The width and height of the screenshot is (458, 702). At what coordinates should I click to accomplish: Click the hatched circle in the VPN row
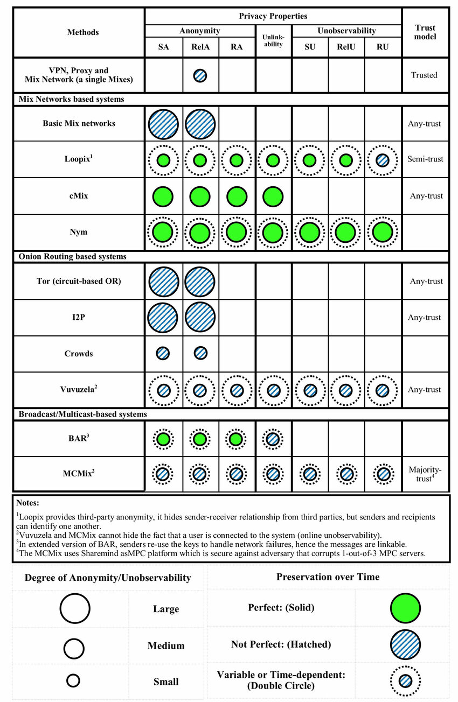tap(200, 75)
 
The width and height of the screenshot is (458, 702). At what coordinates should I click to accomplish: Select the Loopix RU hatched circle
tap(383, 160)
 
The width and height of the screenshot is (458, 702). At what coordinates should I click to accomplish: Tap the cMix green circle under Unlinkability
tap(273, 196)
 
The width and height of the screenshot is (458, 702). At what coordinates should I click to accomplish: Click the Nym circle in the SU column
tap(310, 233)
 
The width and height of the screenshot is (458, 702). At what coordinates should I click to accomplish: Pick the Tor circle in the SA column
tap(163, 281)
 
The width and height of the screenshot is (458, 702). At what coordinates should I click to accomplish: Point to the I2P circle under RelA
tap(200, 317)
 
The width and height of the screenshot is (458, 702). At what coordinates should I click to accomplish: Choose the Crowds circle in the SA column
tap(163, 353)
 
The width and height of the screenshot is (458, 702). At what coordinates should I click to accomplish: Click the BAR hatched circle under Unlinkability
tap(273, 439)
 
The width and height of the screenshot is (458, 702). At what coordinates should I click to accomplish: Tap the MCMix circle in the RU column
tap(383, 474)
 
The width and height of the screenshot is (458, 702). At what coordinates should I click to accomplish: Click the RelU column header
tap(346, 47)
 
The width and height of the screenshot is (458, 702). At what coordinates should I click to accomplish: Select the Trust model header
tap(426, 32)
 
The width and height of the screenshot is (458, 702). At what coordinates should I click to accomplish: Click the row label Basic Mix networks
tap(79, 123)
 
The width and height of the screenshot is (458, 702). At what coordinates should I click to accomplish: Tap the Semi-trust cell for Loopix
tap(426, 160)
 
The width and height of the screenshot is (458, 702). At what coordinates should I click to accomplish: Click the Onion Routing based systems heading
tap(72, 257)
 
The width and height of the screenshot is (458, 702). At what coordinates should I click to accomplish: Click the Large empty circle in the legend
tap(75, 609)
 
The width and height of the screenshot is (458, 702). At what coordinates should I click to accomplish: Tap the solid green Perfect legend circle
tap(405, 608)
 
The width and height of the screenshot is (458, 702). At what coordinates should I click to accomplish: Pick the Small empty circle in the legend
tap(73, 681)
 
